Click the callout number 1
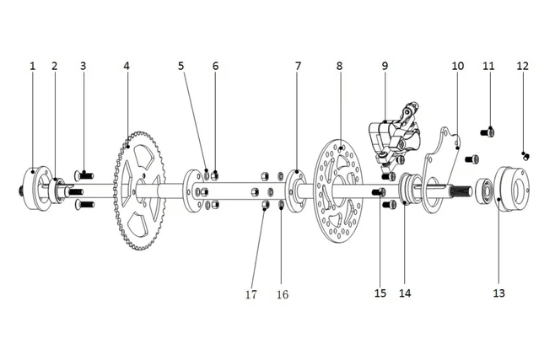pyautogui.click(x=33, y=65)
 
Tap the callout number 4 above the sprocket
pyautogui.click(x=127, y=65)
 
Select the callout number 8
pyautogui.click(x=339, y=65)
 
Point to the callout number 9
pyautogui.click(x=385, y=65)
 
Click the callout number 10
pyautogui.click(x=458, y=65)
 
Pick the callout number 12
pyautogui.click(x=523, y=65)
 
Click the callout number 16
pyautogui.click(x=283, y=294)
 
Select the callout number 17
pyautogui.click(x=251, y=294)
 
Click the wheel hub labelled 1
pyautogui.click(x=35, y=190)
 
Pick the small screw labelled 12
pyautogui.click(x=525, y=155)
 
